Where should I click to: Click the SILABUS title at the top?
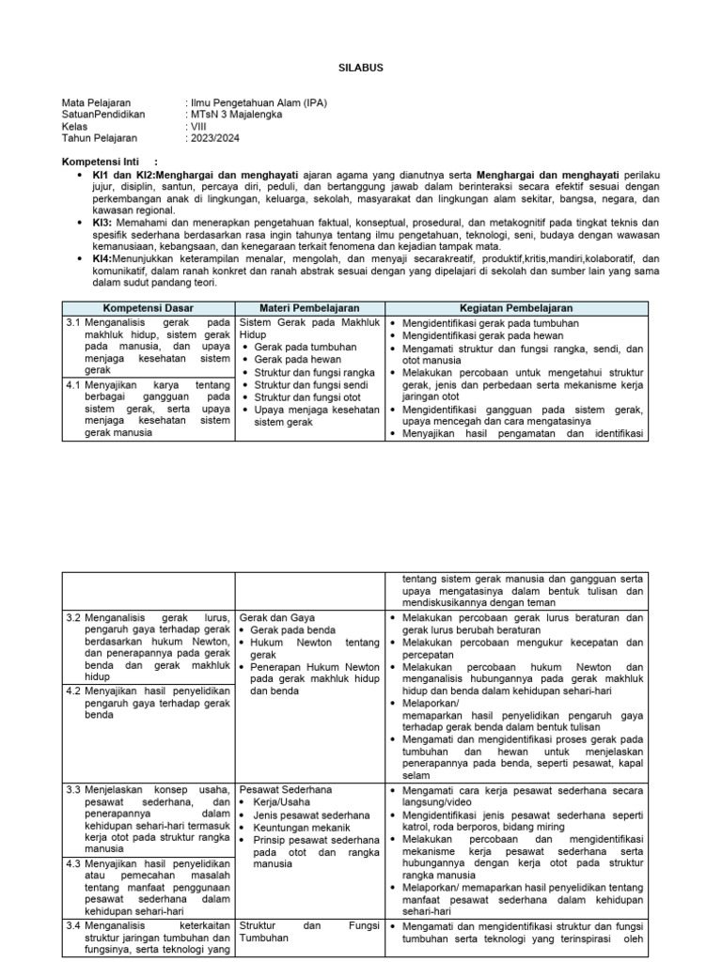(x=361, y=68)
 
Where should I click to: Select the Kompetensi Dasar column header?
(x=147, y=308)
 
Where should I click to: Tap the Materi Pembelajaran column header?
(x=309, y=308)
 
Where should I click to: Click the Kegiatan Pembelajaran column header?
(x=516, y=308)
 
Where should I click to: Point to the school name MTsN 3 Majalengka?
(x=235, y=115)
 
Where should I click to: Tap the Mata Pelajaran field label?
(x=97, y=103)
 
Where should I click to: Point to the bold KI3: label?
(x=102, y=222)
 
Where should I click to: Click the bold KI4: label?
(x=102, y=257)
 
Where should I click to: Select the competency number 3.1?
(x=73, y=323)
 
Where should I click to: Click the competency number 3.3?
(x=73, y=790)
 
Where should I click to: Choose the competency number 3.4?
(x=73, y=925)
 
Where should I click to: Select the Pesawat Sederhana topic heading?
(x=286, y=790)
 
